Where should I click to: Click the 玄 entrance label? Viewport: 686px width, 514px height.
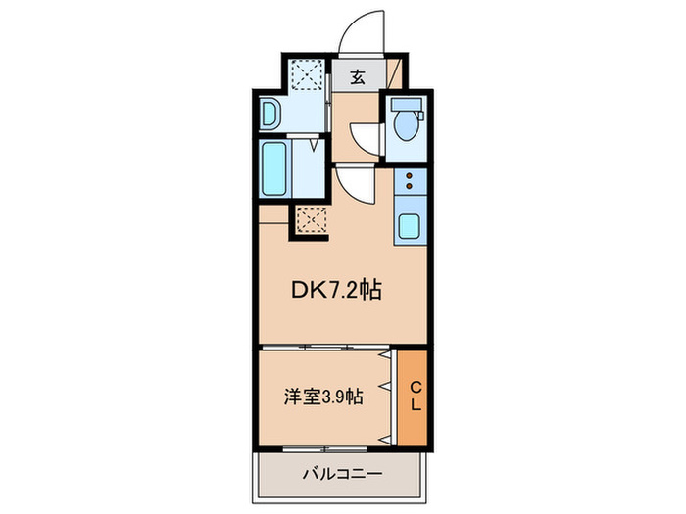358,77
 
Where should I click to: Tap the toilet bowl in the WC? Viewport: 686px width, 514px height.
406,125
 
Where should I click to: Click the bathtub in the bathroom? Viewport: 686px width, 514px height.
274,168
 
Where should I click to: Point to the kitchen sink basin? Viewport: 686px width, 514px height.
410,226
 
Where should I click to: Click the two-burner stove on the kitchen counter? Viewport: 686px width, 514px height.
410,181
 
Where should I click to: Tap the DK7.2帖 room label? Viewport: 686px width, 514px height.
336,290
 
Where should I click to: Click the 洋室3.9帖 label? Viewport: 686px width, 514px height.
323,397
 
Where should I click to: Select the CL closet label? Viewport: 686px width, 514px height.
416,396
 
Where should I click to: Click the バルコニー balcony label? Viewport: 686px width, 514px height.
343,473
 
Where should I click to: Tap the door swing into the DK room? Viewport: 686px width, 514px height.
355,186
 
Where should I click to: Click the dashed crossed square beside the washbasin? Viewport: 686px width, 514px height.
308,73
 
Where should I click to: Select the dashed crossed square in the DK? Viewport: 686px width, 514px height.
312,220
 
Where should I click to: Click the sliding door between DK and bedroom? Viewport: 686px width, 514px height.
325,348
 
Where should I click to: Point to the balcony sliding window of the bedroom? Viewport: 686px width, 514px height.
324,448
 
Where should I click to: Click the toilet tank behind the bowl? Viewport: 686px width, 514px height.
408,105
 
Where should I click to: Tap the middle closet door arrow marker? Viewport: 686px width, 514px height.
384,387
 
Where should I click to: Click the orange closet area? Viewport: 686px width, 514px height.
413,397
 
